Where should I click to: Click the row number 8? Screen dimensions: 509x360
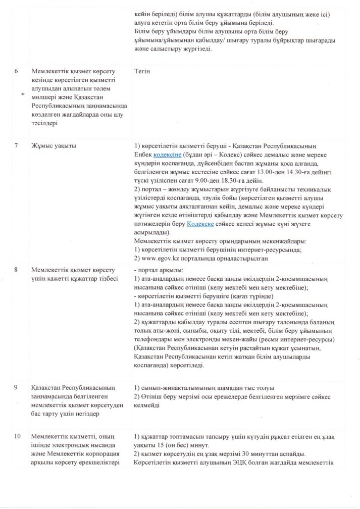16,271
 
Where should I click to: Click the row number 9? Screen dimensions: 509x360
16,388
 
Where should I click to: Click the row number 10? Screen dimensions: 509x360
17,436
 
